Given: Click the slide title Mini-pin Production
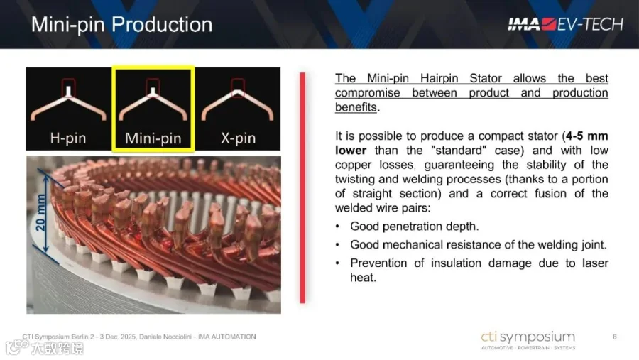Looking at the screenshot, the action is pos(122,24).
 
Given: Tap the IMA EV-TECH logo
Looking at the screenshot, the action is pos(566,24).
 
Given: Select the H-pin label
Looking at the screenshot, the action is pos(68,138).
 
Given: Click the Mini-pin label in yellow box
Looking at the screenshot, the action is pos(153,138).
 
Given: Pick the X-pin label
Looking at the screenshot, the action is pos(239,138).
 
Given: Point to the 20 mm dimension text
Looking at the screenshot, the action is pos(40,212).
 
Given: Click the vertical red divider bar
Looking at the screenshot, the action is pos(302,187).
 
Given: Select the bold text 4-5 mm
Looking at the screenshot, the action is pos(587,136).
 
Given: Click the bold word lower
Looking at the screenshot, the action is pos(351,150).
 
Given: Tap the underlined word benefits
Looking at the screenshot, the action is pos(356,107).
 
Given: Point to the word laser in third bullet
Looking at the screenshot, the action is pos(595,263).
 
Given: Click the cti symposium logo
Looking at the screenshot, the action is pos(528,340).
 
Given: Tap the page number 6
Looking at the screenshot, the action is pos(615,337).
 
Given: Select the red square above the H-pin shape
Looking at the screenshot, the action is pos(68,87).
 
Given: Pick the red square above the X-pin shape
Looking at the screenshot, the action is pos(238,87).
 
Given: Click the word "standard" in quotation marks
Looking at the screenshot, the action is pos(459,150).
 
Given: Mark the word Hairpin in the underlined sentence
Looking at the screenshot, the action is pos(439,78).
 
